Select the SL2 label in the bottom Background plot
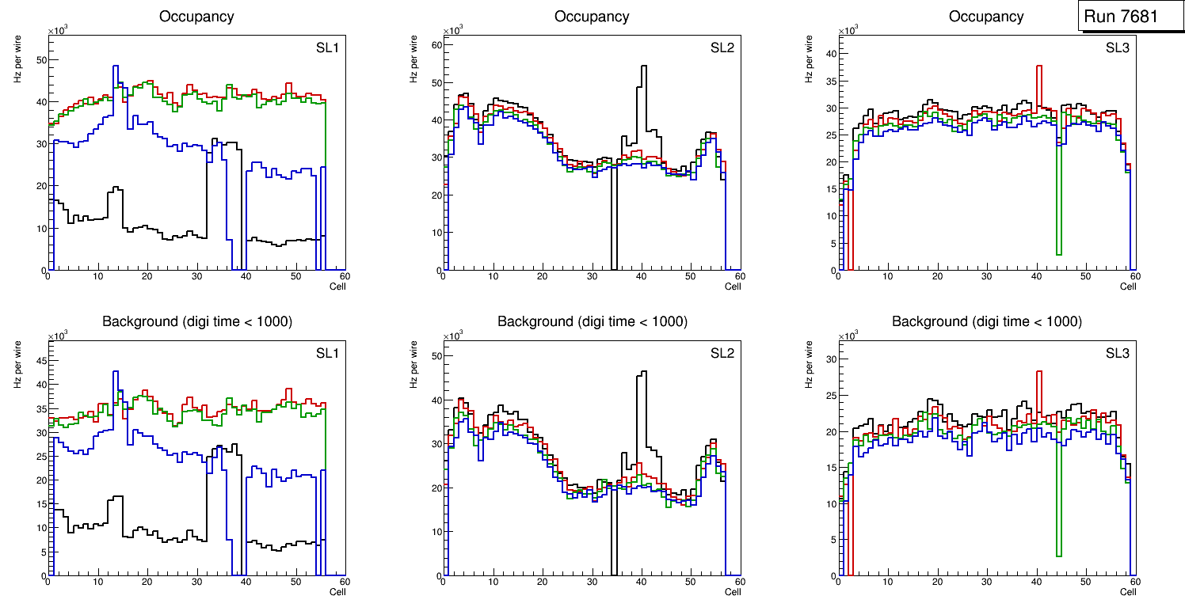click(722, 353)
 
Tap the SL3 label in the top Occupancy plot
click(1117, 48)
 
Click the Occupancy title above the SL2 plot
click(592, 17)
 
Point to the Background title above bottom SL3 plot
click(987, 321)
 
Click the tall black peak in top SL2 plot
click(644, 66)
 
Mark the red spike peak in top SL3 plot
click(1039, 66)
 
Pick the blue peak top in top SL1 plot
click(116, 66)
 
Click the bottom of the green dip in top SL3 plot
click(1059, 254)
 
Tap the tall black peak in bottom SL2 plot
click(644, 372)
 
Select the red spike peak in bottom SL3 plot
click(1039, 372)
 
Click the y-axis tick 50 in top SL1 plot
click(42, 59)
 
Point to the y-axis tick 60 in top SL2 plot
click(436, 45)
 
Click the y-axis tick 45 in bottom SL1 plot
click(42, 360)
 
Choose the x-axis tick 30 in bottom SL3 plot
click(986, 583)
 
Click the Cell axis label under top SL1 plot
click(337, 287)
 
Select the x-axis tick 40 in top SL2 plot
click(641, 277)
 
